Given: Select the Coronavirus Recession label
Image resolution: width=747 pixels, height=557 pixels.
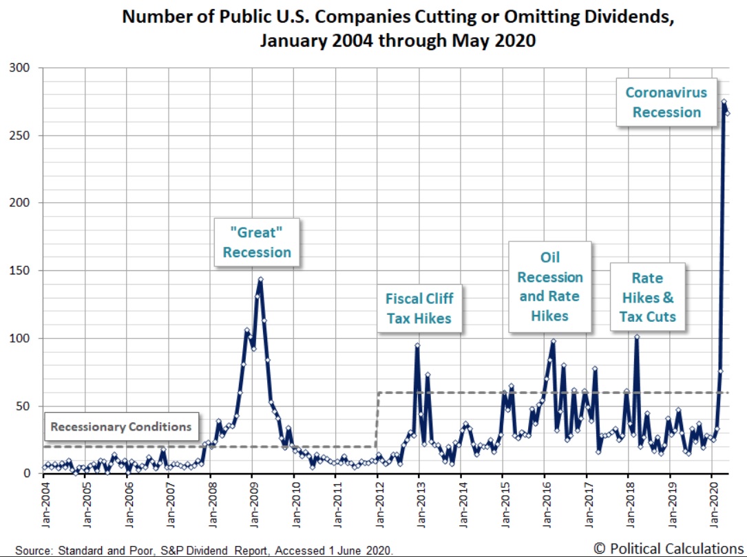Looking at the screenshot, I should [666, 102].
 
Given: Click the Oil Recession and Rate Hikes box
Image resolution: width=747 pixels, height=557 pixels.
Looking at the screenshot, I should [550, 287].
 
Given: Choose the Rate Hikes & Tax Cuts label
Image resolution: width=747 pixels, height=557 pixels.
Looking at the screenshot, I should [647, 297].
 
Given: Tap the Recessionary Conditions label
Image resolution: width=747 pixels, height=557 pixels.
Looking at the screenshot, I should [121, 426].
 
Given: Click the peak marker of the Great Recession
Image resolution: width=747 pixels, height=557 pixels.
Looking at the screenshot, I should [260, 280].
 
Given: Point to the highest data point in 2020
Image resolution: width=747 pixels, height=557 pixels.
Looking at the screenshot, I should [724, 102].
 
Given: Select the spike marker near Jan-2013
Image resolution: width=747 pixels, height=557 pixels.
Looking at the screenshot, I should [417, 345].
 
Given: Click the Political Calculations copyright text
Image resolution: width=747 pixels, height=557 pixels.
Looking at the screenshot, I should [668, 548].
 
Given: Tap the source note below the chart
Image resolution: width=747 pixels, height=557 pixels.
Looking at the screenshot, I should [204, 550].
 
